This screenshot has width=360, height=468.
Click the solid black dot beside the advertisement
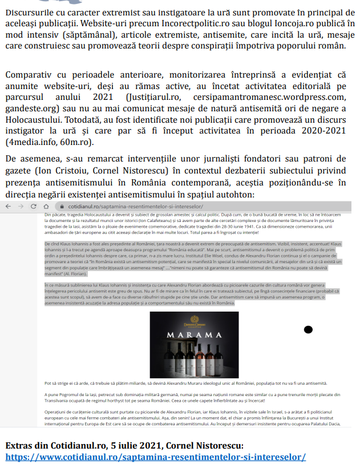[308, 329]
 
